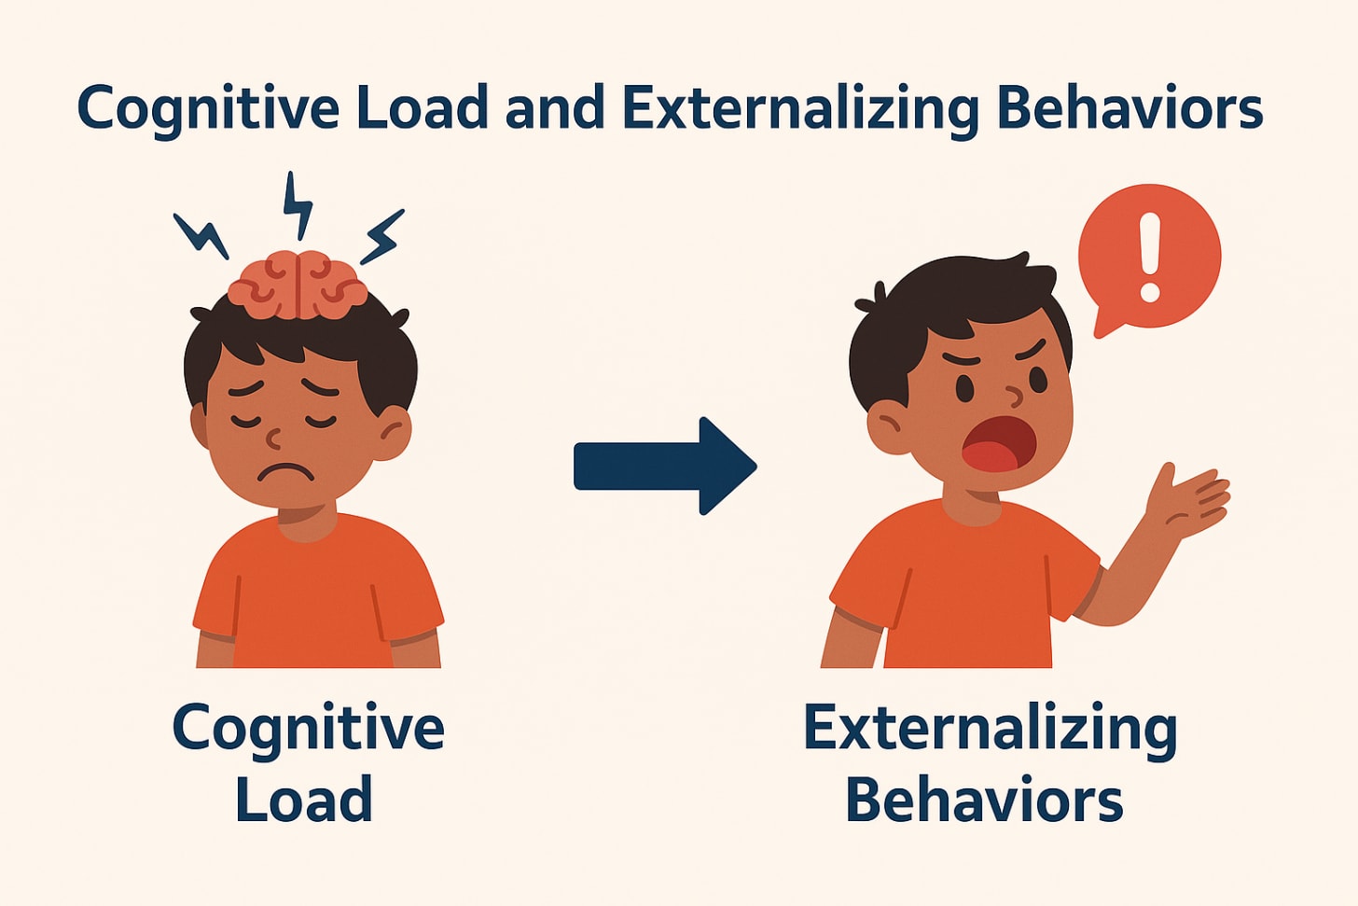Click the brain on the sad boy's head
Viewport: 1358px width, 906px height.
click(297, 285)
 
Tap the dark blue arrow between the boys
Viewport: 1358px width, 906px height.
click(664, 466)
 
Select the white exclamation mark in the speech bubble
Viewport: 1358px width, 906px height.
click(1149, 257)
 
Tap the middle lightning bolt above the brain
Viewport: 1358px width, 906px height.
click(298, 206)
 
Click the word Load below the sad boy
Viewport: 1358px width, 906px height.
click(304, 800)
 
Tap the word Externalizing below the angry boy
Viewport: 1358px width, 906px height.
click(990, 730)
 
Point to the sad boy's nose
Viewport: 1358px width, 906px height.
click(274, 437)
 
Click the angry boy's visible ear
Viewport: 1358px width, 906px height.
click(889, 427)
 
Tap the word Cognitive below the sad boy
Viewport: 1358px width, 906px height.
click(308, 730)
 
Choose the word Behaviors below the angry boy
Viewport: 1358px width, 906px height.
click(984, 800)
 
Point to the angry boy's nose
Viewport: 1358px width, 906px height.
click(1014, 397)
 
